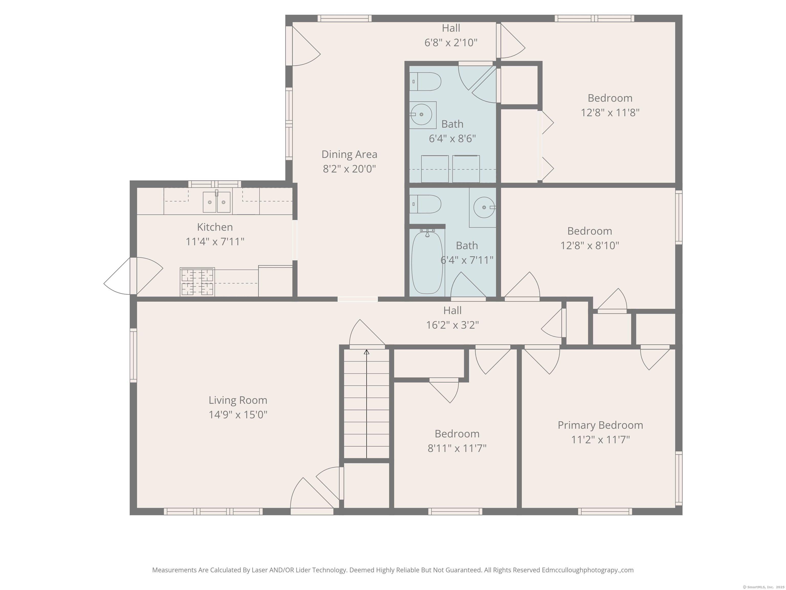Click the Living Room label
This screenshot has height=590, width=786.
click(238, 400)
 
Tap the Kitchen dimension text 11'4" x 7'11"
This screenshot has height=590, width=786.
click(215, 242)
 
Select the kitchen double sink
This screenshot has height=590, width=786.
click(216, 202)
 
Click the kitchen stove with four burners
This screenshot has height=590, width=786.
click(197, 282)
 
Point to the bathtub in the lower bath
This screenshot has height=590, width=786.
click(427, 262)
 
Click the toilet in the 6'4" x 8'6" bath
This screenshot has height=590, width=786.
click(425, 81)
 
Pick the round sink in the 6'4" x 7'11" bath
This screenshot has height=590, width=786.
click(484, 207)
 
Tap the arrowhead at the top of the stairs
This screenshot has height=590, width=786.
click(366, 352)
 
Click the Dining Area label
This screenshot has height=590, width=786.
click(349, 154)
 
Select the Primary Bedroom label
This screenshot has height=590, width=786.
click(600, 425)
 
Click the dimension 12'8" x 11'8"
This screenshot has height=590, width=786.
click(610, 113)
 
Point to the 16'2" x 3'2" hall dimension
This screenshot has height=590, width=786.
click(452, 325)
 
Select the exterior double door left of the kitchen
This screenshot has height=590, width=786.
click(133, 276)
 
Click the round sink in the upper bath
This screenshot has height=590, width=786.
click(421, 114)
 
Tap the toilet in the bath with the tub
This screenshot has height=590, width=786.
click(425, 204)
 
